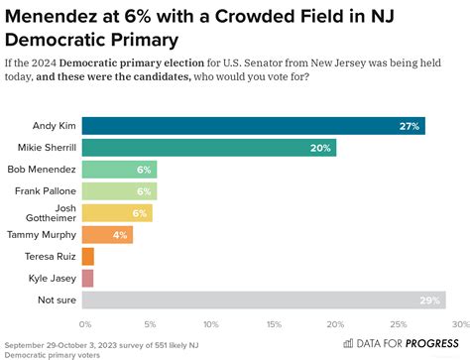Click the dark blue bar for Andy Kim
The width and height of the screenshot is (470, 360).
253,126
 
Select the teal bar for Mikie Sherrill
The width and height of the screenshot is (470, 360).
208,148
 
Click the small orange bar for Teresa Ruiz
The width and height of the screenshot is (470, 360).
87,256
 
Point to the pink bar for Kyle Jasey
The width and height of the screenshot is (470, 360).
87,278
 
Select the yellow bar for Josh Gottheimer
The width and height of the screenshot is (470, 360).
117,212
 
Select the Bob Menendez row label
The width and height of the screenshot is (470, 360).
45,170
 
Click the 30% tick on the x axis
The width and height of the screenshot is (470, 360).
458,325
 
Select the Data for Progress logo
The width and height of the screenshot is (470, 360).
400,343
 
